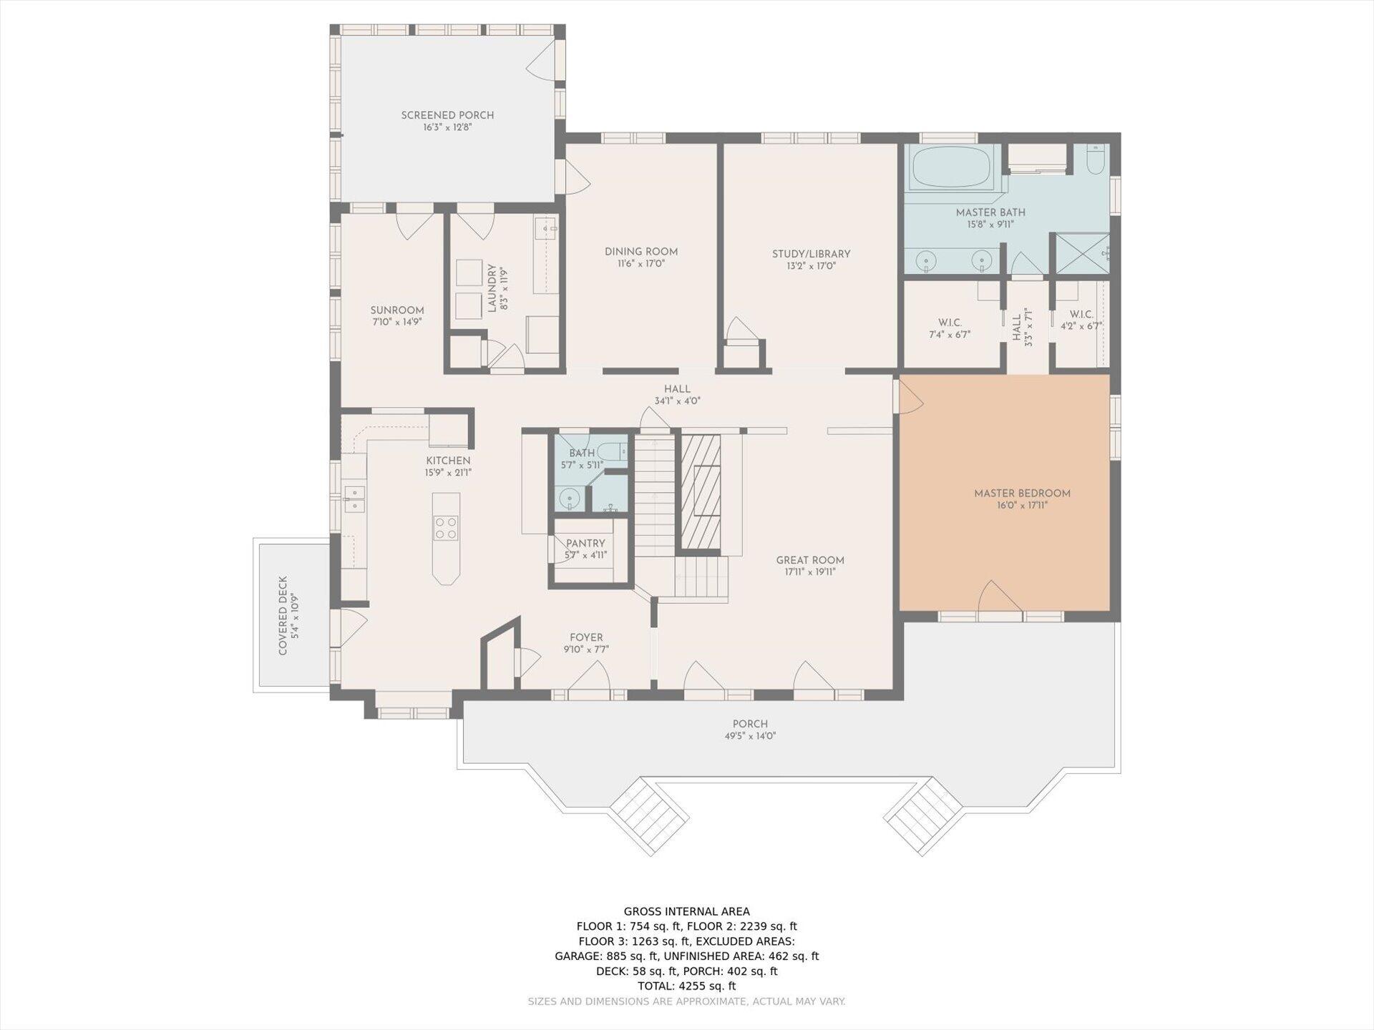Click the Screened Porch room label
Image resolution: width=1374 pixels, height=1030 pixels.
447,115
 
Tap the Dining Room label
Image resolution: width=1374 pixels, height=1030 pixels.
641,252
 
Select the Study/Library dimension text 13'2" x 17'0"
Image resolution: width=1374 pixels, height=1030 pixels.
811,266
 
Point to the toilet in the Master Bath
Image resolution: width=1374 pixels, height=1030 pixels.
1096,160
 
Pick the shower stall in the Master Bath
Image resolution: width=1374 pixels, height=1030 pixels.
1082,252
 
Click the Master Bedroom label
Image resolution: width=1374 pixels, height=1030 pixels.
1022,494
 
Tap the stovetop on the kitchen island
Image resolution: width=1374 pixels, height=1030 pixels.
446,528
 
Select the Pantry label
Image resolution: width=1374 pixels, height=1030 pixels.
585,544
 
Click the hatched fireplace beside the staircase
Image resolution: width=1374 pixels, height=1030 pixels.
700,491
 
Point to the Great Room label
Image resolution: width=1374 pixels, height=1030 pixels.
810,561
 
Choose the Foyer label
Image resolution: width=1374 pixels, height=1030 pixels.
586,638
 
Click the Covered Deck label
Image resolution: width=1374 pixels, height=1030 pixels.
283,616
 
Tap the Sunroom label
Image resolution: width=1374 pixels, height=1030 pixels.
397,310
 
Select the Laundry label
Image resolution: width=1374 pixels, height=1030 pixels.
492,288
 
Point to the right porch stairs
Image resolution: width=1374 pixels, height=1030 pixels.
923,816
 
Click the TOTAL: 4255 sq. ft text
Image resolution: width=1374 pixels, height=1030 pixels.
687,986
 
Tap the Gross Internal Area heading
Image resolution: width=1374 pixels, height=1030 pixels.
687,911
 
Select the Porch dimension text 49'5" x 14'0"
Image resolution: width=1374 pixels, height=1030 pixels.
750,736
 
